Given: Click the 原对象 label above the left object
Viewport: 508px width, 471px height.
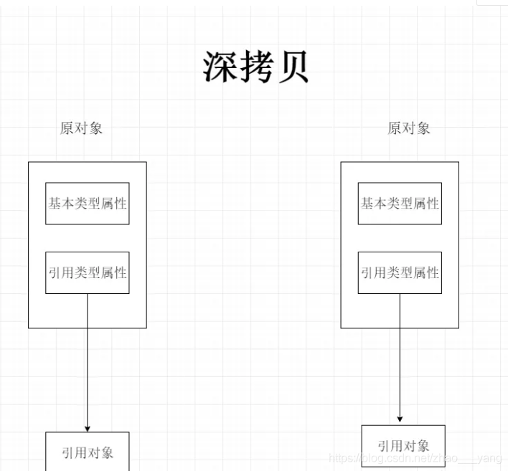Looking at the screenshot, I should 81,128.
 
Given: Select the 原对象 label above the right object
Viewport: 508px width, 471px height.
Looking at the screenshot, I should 409,128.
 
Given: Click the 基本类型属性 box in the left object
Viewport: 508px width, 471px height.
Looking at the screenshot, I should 88,204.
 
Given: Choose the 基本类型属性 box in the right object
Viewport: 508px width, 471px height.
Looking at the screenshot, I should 400,204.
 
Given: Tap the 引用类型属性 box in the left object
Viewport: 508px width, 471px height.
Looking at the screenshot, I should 88,273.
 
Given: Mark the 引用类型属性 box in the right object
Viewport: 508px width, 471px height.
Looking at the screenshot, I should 400,273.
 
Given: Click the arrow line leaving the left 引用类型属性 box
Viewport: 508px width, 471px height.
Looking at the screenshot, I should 88,358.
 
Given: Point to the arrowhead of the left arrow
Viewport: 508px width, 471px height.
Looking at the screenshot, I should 88,427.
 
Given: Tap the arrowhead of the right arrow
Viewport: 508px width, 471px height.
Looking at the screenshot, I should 400,419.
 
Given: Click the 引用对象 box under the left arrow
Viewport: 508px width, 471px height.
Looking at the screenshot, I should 88,452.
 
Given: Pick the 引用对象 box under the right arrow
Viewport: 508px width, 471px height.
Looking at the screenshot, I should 403,446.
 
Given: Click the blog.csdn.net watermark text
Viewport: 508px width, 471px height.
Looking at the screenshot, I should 416,458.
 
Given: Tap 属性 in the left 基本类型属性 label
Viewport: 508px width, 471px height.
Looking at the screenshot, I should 114,204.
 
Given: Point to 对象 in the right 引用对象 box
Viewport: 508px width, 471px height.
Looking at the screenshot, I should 416,446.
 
